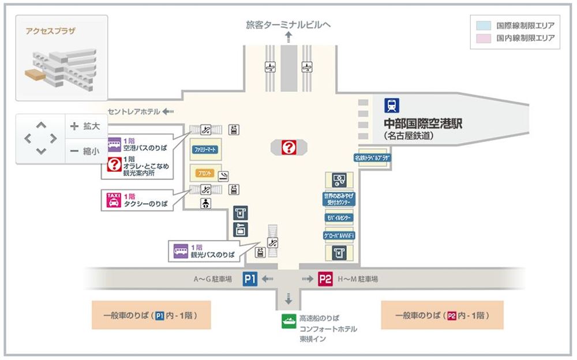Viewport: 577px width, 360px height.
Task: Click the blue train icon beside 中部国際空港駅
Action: pyautogui.click(x=392, y=106)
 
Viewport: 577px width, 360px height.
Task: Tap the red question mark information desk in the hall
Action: pyautogui.click(x=288, y=148)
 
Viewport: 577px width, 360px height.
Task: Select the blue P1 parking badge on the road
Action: pyautogui.click(x=250, y=279)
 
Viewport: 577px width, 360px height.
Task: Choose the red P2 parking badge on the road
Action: pyautogui.click(x=325, y=279)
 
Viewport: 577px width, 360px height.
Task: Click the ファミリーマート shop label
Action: pyautogui.click(x=205, y=149)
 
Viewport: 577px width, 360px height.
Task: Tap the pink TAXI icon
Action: pyautogui.click(x=113, y=200)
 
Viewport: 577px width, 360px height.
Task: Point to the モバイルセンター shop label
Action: pyautogui.click(x=339, y=218)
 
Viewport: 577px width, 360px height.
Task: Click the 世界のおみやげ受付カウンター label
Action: pyautogui.click(x=339, y=200)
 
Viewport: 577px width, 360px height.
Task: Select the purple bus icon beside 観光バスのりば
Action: pyautogui.click(x=181, y=250)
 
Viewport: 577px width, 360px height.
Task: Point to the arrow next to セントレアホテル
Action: pyautogui.click(x=168, y=111)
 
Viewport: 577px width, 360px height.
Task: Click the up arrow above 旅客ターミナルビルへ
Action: pyautogui.click(x=288, y=37)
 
